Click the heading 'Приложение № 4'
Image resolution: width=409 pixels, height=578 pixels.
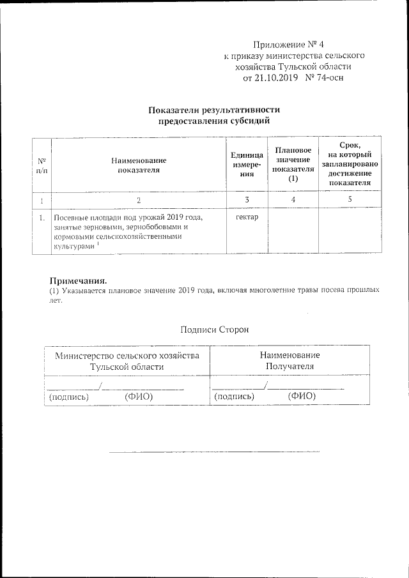pos(289,45)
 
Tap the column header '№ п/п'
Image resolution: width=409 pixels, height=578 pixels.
pos(41,165)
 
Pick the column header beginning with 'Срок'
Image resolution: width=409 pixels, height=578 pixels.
pos(350,165)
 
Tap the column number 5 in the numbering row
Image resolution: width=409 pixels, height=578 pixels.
pos(350,201)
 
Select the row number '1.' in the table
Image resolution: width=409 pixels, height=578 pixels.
pos(42,218)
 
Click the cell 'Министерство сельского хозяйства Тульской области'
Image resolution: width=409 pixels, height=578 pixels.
pos(127,361)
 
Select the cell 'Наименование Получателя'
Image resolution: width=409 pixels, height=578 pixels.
pos(290,361)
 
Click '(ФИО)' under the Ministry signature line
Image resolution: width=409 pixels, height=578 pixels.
pos(138,396)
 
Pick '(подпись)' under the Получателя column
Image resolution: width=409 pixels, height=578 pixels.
pos(234,396)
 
